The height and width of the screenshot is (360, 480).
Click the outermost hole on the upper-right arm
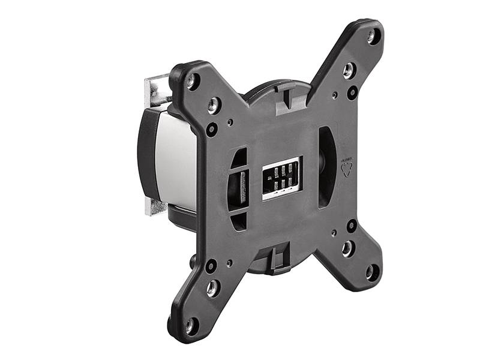[x=372, y=37]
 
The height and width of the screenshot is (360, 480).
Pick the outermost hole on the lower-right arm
[x=372, y=272]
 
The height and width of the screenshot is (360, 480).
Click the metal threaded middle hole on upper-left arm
[x=214, y=106]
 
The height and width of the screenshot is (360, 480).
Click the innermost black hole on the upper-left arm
[x=212, y=128]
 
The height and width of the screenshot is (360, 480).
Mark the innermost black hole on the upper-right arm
[x=352, y=93]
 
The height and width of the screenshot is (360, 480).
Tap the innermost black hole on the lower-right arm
[x=352, y=226]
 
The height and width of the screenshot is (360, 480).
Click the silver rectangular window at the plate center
[x=281, y=178]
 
